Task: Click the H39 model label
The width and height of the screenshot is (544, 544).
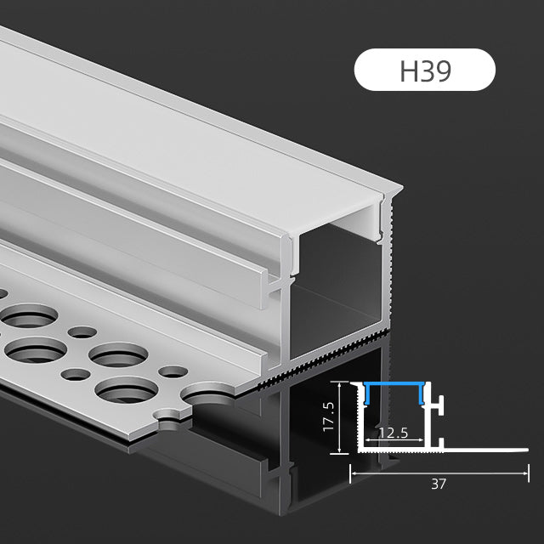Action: pos(424,71)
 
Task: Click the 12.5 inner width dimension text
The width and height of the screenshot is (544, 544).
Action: pos(393,433)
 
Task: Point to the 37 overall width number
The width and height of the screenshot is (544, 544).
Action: pos(439,484)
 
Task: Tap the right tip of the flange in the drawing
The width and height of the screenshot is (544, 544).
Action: pos(526,450)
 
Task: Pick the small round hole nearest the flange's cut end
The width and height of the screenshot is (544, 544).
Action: pos(173,371)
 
